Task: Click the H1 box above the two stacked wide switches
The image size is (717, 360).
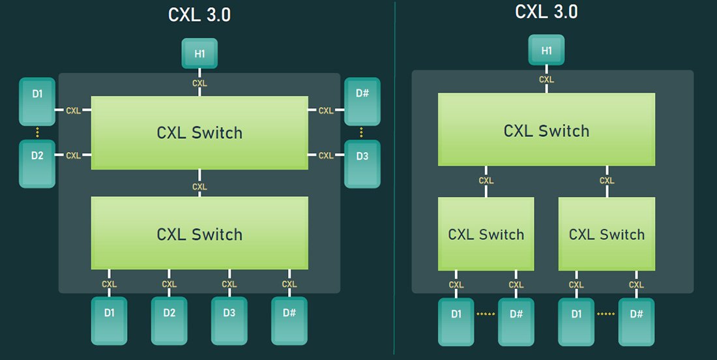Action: coord(199,53)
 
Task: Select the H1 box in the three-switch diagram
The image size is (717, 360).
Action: coord(546,51)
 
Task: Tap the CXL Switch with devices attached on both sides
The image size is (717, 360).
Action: coord(199,133)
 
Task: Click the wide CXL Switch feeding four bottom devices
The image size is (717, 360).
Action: coord(199,233)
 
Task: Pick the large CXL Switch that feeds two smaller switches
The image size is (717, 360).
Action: coord(546,130)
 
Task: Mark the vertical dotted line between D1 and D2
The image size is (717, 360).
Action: coord(37,132)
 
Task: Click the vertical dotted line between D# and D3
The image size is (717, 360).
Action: coord(362,132)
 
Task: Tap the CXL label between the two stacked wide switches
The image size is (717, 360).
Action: coord(199,187)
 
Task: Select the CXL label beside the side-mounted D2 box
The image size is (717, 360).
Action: coord(74,155)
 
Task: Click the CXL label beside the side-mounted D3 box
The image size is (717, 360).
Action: coord(326,155)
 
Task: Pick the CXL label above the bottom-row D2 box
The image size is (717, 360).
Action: coord(169,284)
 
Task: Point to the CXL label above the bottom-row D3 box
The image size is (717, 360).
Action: coord(229,284)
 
